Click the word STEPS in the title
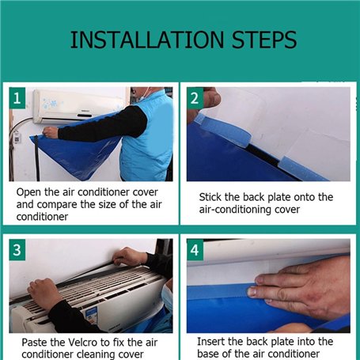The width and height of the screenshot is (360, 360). tap(264, 40)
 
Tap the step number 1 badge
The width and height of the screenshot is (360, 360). tap(17, 98)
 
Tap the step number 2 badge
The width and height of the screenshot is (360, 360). tap(195, 98)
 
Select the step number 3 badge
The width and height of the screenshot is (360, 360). tap(17, 250)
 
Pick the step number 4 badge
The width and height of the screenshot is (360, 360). tap(195, 250)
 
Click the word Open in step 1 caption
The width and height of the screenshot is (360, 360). tap(28, 192)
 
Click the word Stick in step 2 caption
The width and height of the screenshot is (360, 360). tap(210, 197)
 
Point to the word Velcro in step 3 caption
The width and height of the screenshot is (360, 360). tap(83, 343)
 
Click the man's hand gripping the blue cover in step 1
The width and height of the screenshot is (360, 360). tap(51, 132)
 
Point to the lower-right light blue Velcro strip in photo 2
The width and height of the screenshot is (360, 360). tap(303, 169)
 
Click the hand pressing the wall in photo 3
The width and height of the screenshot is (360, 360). tap(129, 256)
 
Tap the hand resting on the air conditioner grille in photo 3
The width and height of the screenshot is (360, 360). tap(44, 293)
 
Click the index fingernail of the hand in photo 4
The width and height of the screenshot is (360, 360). tap(252, 291)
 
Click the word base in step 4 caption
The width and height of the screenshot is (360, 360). tap(208, 354)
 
